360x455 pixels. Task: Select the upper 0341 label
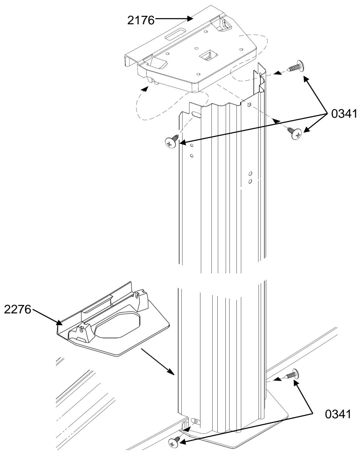coord(344,114)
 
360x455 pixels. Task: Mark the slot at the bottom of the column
coord(195,421)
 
